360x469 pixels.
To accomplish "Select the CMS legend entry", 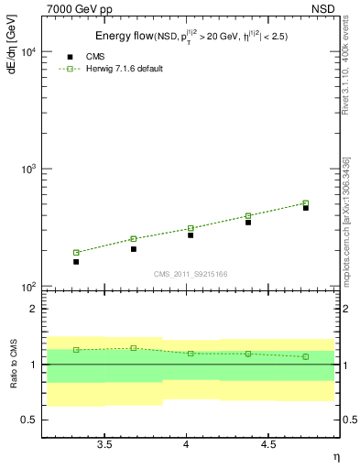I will point(90,57).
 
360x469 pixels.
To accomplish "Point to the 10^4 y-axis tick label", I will point(27,53).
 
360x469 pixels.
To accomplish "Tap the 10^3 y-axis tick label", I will point(27,170).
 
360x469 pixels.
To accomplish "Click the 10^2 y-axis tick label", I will point(27,288).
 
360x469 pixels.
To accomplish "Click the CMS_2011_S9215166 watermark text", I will point(191,273).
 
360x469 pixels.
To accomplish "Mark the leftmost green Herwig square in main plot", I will point(76,253).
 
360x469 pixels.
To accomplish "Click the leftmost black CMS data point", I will point(76,262).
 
